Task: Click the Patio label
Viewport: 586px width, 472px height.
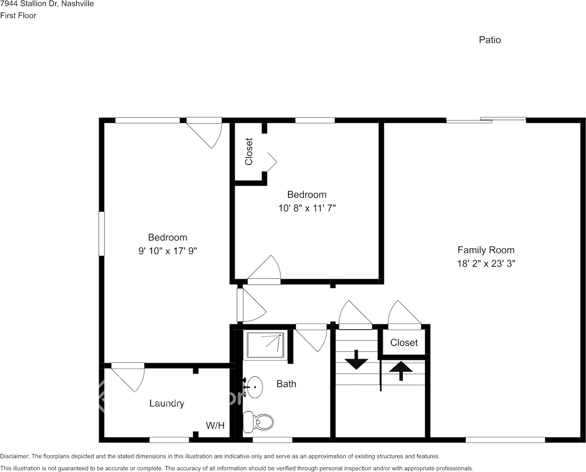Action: click(x=489, y=40)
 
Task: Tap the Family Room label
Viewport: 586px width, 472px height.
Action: click(x=486, y=250)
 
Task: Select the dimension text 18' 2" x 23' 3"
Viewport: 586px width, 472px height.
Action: click(x=486, y=263)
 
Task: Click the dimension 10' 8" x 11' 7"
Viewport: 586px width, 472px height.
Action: click(x=306, y=208)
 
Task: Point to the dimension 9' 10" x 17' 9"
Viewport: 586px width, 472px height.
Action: click(x=167, y=251)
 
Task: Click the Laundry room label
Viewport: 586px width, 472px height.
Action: click(x=166, y=403)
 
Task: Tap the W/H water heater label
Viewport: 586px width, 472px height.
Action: click(x=215, y=426)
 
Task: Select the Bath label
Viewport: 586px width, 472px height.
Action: click(x=286, y=384)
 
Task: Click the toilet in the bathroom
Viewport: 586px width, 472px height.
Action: click(x=259, y=422)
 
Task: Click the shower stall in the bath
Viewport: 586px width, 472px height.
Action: click(x=265, y=345)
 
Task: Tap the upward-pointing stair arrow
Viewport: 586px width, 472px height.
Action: click(x=401, y=371)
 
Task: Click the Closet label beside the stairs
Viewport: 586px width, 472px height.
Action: click(x=404, y=343)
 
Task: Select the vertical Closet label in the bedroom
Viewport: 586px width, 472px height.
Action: click(x=249, y=151)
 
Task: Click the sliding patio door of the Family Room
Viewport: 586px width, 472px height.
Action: click(x=486, y=120)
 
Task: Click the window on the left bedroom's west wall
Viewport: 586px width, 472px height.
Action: click(x=102, y=234)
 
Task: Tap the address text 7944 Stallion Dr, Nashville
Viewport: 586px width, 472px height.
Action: click(x=47, y=4)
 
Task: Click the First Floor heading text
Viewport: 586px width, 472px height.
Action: click(x=18, y=15)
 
